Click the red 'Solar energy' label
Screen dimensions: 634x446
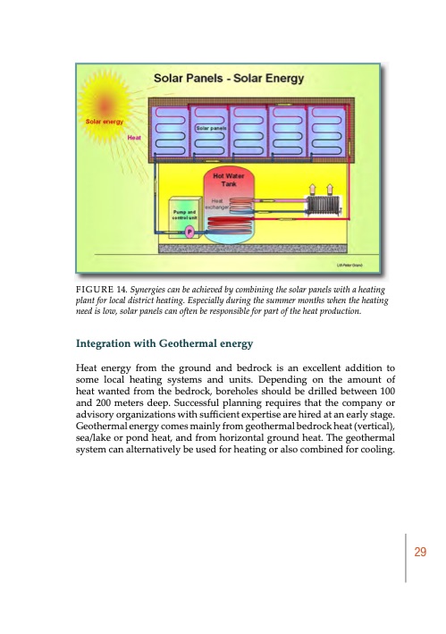(x=104, y=120)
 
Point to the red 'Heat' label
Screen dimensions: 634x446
(x=136, y=138)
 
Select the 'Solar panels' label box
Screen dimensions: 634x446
(x=210, y=130)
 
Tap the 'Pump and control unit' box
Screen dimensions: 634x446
(x=185, y=215)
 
